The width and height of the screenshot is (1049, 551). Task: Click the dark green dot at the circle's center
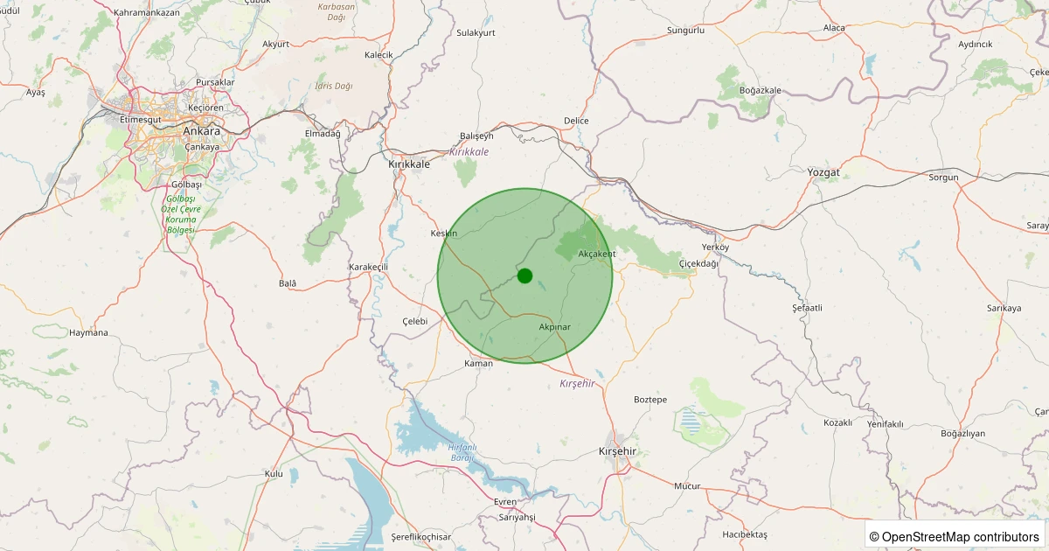tap(524, 275)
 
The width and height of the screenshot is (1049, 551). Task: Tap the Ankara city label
tap(201, 131)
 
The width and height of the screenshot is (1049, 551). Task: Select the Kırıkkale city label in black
tap(409, 164)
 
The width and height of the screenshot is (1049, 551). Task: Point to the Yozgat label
tap(824, 172)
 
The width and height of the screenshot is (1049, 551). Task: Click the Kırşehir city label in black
tap(617, 450)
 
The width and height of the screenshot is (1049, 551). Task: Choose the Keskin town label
tap(444, 234)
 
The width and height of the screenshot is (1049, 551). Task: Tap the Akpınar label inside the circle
tap(554, 326)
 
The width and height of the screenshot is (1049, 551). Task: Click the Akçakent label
tap(597, 254)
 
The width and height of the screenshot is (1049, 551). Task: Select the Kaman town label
tap(479, 363)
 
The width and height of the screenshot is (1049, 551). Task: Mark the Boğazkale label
tap(760, 90)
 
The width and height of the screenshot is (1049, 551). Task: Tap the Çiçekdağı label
tap(698, 263)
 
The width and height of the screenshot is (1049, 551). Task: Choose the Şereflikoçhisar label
tap(420, 536)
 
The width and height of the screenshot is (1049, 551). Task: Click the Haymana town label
tap(88, 332)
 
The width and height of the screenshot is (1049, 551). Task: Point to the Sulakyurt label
tap(476, 32)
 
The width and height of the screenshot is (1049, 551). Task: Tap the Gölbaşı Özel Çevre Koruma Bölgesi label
tap(182, 214)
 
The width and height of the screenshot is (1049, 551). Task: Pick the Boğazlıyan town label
tap(963, 433)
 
